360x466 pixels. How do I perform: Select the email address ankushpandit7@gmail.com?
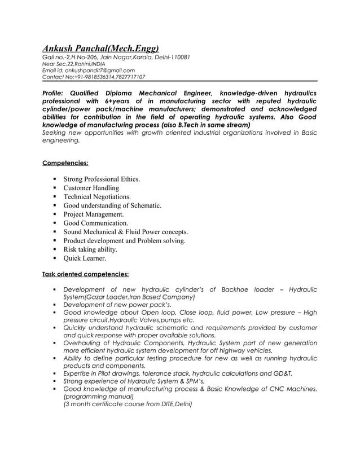pyautogui.click(x=104, y=70)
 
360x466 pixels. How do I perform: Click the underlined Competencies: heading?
pyautogui.click(x=65, y=164)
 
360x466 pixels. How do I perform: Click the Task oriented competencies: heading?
pyautogui.click(x=86, y=275)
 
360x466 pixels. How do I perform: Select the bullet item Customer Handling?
pyautogui.click(x=91, y=188)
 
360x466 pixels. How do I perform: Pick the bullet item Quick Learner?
pyautogui.click(x=85, y=258)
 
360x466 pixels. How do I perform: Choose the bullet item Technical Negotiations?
pyautogui.click(x=97, y=197)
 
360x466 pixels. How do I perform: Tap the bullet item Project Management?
pyautogui.click(x=93, y=214)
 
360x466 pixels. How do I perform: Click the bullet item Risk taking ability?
pyautogui.click(x=90, y=249)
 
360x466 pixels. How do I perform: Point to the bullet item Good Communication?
pyautogui.click(x=95, y=223)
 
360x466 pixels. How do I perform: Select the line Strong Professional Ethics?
pyautogui.click(x=102, y=179)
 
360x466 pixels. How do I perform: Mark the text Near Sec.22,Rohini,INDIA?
pyautogui.click(x=73, y=64)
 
